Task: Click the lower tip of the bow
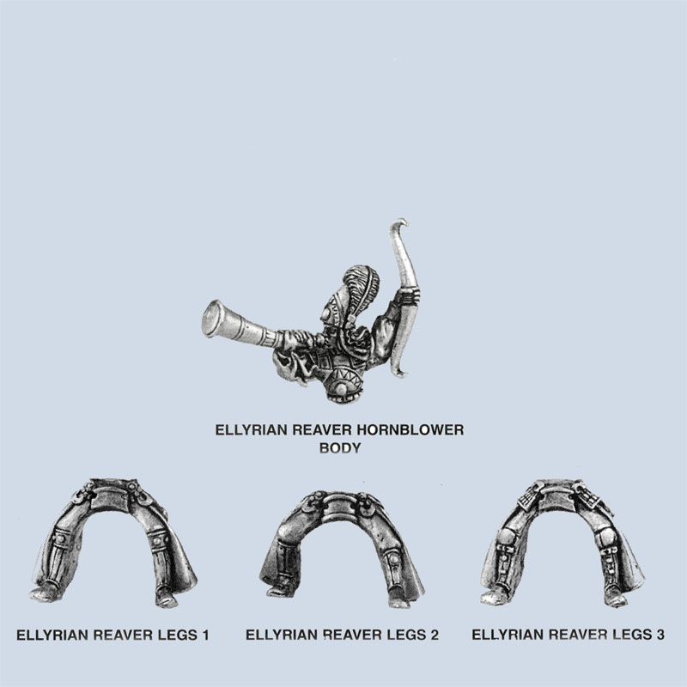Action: click(x=399, y=373)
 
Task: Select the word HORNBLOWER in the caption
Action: click(x=410, y=430)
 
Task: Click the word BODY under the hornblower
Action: click(x=340, y=448)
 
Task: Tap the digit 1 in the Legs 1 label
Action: click(x=204, y=635)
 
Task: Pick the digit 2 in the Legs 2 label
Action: click(x=434, y=635)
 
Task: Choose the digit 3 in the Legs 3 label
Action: click(x=660, y=635)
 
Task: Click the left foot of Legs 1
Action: click(x=41, y=593)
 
